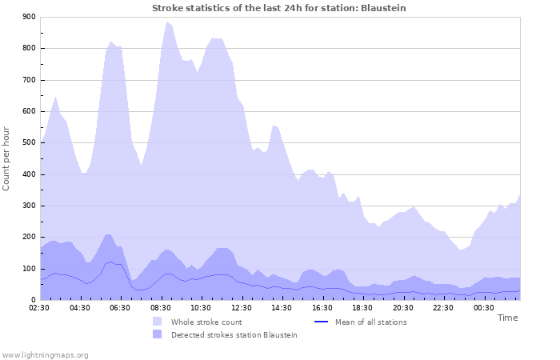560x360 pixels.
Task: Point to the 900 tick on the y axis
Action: pos(29,17)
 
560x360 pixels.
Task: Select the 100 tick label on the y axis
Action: pos(29,269)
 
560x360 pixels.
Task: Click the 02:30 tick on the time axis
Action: pos(40,307)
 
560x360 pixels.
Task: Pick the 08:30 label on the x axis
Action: pos(161,307)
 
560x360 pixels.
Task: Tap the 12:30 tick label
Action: pos(242,307)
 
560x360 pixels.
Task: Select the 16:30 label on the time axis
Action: pos(322,307)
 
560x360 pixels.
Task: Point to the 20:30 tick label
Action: pos(403,307)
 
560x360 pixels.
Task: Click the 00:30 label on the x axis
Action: pos(483,307)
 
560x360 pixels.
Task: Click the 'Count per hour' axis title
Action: pos(7,158)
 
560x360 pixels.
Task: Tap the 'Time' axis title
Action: pos(507,318)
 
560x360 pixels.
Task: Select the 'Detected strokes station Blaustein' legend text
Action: pos(234,335)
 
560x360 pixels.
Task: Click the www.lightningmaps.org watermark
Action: pos(45,354)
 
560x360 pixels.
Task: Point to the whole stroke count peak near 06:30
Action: pos(111,41)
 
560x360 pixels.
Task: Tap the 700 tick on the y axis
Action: pos(29,80)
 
